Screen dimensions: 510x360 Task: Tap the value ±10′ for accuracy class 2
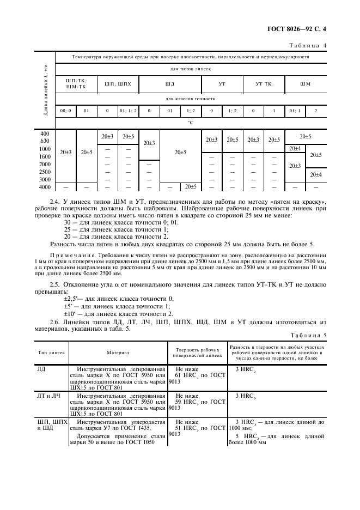coord(72,314)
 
